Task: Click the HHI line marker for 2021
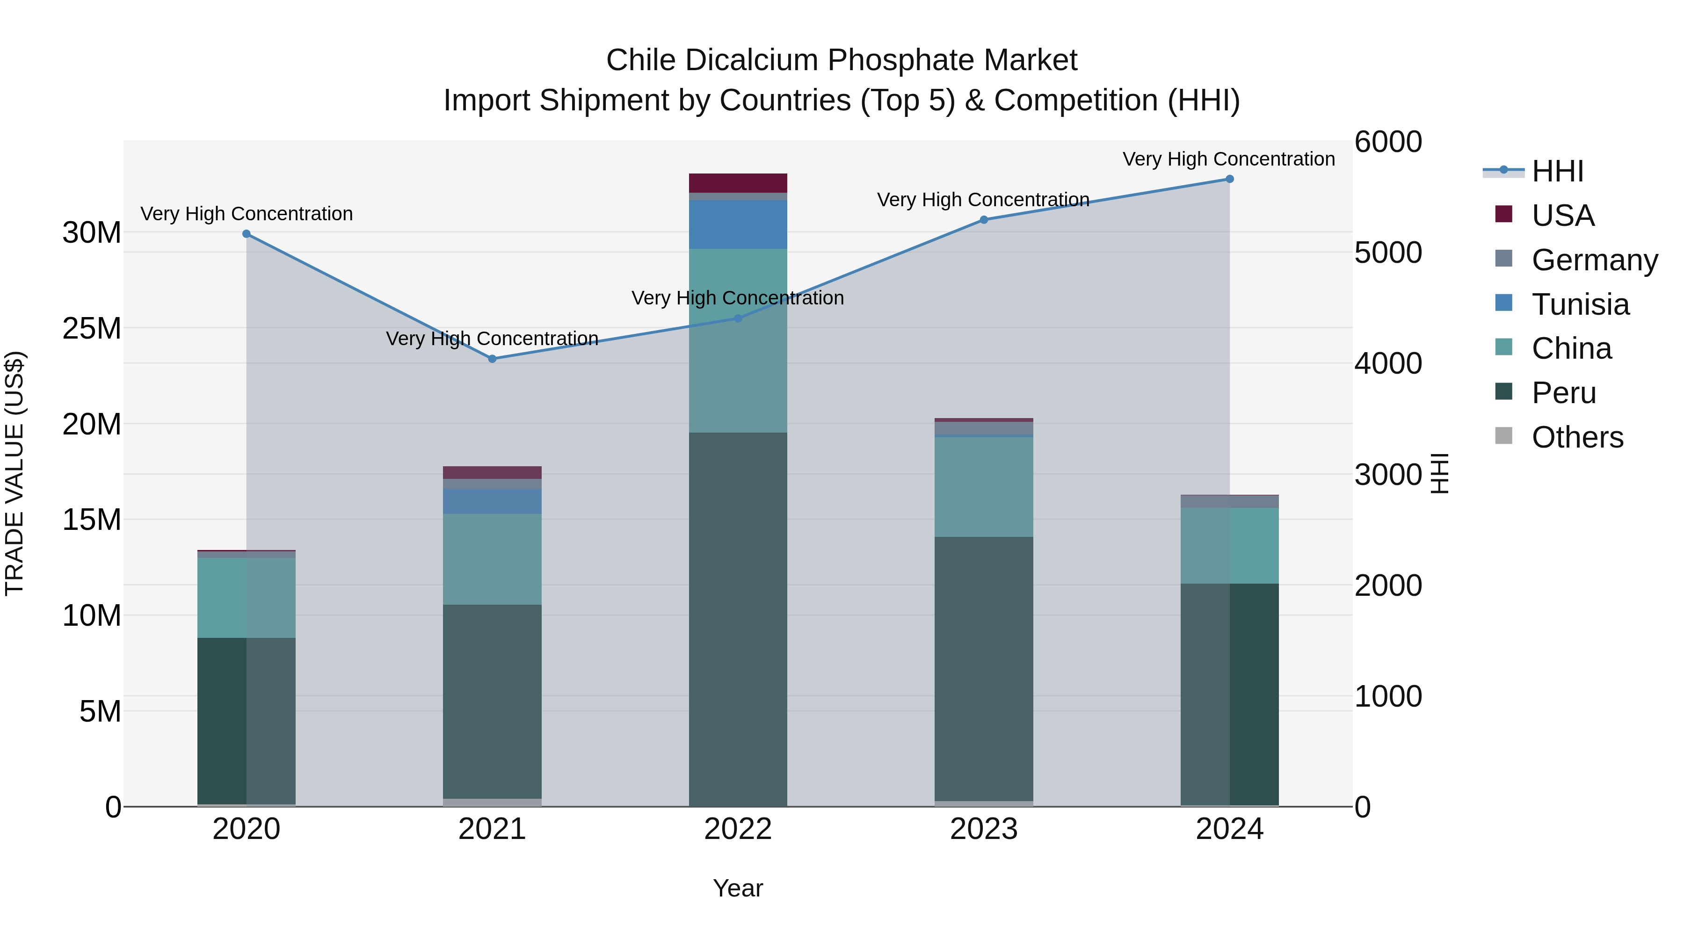pyautogui.click(x=492, y=359)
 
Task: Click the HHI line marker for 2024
pyautogui.click(x=1229, y=179)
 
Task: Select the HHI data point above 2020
pyautogui.click(x=247, y=234)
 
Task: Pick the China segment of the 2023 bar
pyautogui.click(x=983, y=487)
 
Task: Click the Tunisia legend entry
pyautogui.click(x=1580, y=304)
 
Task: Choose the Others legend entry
pyautogui.click(x=1577, y=437)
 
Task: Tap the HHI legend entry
pyautogui.click(x=1557, y=171)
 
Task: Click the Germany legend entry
pyautogui.click(x=1594, y=260)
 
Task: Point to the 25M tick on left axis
pyautogui.click(x=92, y=328)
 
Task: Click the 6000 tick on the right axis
pyautogui.click(x=1387, y=142)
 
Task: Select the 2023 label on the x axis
pyautogui.click(x=983, y=829)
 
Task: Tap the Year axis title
pyautogui.click(x=737, y=888)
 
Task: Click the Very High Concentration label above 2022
pyautogui.click(x=737, y=298)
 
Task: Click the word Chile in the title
pyautogui.click(x=640, y=60)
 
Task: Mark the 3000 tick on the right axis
pyautogui.click(x=1387, y=475)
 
